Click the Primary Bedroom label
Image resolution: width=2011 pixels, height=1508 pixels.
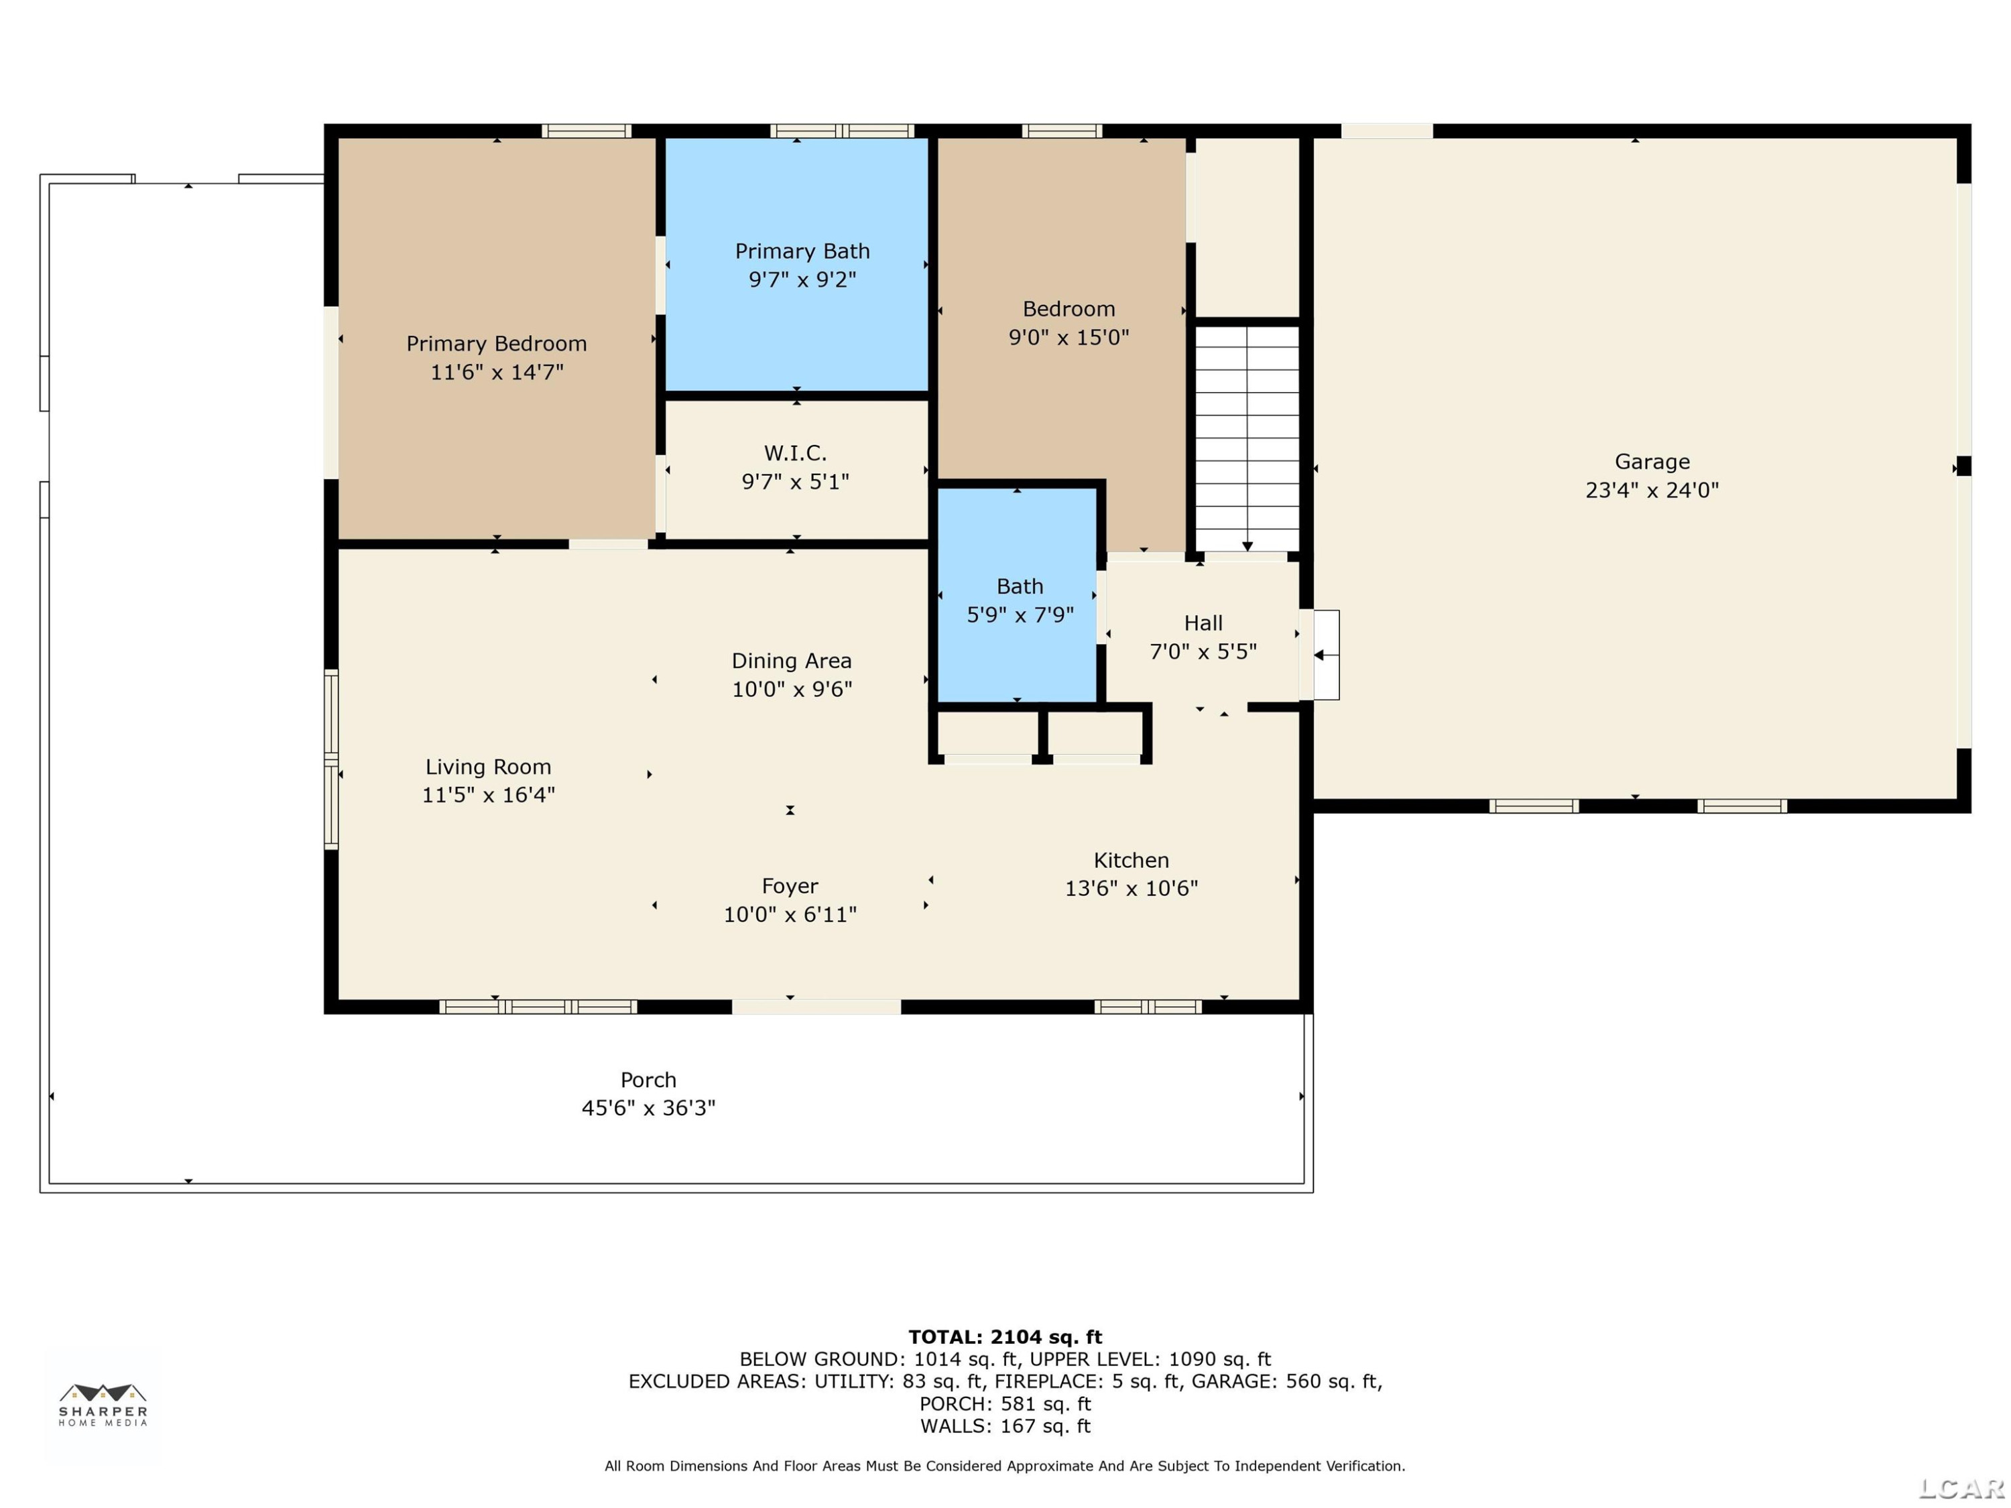497,344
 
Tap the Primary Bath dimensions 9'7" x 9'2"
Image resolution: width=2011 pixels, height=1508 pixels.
802,279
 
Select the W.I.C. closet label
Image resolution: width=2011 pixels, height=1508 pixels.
796,452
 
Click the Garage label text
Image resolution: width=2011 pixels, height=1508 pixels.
1652,462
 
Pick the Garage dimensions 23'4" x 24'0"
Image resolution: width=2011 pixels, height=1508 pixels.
1652,490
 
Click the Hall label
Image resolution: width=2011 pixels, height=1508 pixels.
1203,623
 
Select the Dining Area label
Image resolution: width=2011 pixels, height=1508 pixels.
792,661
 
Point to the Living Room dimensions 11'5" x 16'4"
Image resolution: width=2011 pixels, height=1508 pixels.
488,794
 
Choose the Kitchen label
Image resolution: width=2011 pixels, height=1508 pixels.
1131,860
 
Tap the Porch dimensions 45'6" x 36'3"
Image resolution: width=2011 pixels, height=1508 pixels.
648,1107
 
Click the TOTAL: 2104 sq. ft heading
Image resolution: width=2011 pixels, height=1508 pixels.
1005,1336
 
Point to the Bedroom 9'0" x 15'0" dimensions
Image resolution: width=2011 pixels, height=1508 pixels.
1069,337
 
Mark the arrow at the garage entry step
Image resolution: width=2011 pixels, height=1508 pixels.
1325,654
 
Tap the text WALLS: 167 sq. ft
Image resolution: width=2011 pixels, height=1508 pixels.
1005,1426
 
